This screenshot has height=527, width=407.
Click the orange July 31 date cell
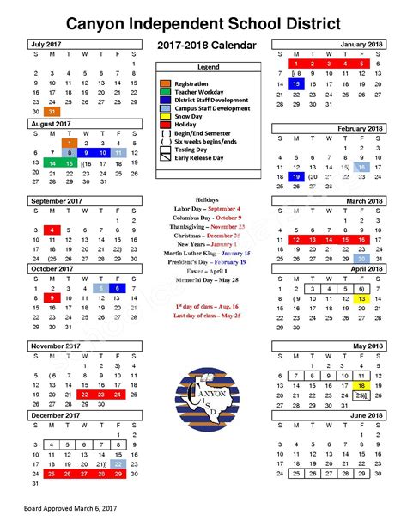click(x=52, y=112)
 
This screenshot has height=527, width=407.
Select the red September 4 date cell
click(x=52, y=230)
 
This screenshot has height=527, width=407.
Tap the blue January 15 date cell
click(x=295, y=84)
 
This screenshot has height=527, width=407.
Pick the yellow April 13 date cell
click(x=363, y=298)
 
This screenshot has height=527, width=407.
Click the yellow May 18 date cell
click(x=363, y=387)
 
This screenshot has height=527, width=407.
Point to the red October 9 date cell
click(x=52, y=297)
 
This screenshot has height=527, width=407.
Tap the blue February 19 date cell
click(x=295, y=176)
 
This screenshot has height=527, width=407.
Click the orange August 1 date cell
click(x=69, y=144)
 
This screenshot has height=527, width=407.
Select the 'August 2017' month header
click(x=51, y=124)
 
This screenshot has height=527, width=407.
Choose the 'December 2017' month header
click(x=58, y=414)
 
